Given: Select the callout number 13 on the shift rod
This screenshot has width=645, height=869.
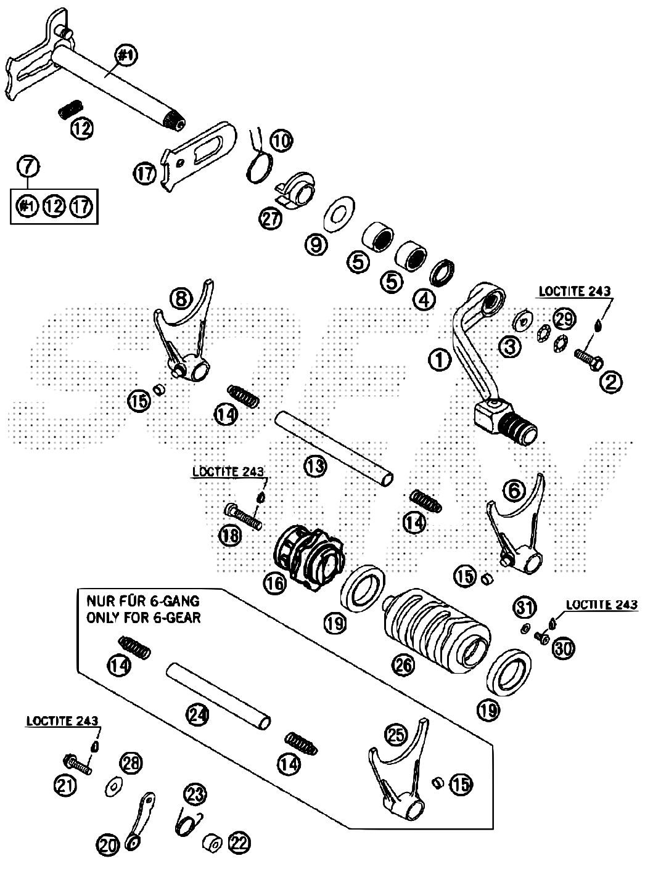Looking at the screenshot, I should click(315, 467).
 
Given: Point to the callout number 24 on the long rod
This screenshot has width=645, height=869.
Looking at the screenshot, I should click(199, 715).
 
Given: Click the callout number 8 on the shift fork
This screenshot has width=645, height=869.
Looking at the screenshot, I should click(179, 299).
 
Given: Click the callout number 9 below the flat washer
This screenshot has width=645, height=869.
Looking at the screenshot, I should click(316, 245).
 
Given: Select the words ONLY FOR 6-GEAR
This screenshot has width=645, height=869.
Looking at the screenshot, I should click(143, 617).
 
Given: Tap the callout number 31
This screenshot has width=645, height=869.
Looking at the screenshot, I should click(524, 608).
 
